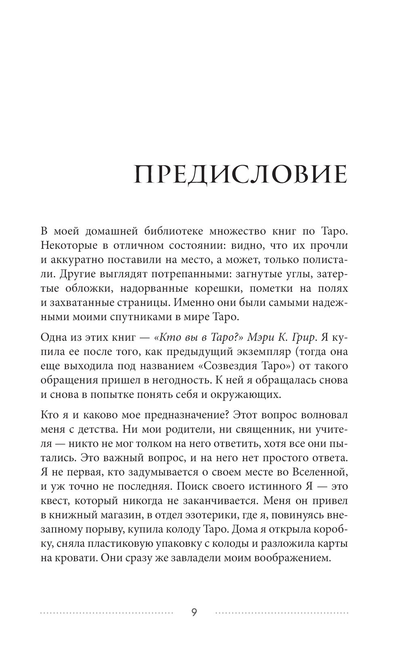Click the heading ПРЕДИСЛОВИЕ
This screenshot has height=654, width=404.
(x=240, y=175)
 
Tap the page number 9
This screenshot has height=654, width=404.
(x=194, y=612)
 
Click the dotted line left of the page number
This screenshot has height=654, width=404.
(x=107, y=613)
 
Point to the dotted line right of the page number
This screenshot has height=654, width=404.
(x=282, y=613)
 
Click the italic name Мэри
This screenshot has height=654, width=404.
(x=261, y=337)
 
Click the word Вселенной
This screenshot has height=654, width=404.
(x=320, y=472)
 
